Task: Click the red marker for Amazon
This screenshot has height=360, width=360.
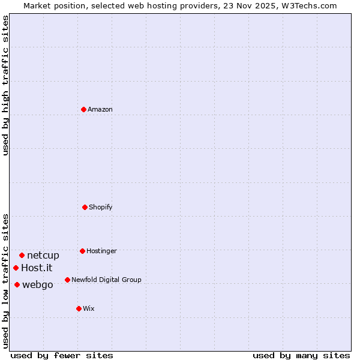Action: tap(84, 109)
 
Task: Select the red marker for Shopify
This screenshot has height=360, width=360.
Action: tap(85, 207)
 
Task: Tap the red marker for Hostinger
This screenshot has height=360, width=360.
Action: tap(82, 251)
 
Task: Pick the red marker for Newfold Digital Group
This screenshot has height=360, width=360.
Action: tap(67, 280)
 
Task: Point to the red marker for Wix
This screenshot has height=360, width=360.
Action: tap(79, 308)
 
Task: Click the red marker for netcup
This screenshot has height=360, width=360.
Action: tap(22, 255)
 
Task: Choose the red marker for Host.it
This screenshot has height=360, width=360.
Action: tap(16, 268)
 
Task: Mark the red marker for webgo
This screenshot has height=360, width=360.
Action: tap(17, 284)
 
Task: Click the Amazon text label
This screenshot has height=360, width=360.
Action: tap(100, 109)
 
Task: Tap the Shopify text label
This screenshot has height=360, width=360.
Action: tap(101, 207)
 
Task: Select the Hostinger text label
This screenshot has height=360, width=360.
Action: tap(101, 251)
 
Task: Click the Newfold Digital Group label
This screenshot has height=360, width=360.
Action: tap(106, 280)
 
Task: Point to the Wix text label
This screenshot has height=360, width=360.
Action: tap(89, 308)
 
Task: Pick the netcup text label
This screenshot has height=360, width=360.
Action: tap(43, 255)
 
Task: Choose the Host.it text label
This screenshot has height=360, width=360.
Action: tap(37, 268)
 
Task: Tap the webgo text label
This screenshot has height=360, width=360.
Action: tap(38, 284)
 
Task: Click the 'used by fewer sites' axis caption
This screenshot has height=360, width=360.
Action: tap(62, 355)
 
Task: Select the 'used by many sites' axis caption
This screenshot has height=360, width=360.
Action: tap(301, 355)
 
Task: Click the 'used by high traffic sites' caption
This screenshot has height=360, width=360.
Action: tap(5, 85)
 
